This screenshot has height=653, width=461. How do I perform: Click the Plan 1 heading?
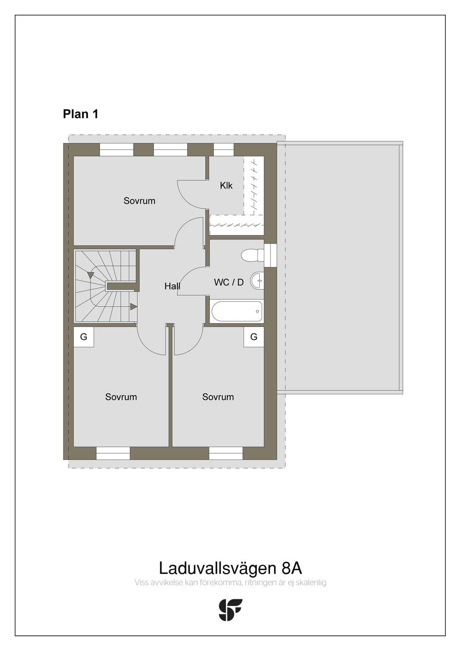81,114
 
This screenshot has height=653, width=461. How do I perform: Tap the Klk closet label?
226,185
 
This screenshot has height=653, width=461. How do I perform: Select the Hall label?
172,286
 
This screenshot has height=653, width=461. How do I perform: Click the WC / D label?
229,282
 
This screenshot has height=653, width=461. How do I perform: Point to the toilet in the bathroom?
252,255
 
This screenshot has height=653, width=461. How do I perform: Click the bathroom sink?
257,281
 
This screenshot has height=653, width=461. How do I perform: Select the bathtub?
237,311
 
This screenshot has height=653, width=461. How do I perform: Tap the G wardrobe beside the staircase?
84,337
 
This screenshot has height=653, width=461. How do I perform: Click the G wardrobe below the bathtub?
254,337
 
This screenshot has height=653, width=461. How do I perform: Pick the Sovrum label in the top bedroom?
140,201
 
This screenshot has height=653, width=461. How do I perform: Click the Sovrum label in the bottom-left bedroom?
121,397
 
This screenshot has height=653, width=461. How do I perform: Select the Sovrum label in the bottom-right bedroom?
218,397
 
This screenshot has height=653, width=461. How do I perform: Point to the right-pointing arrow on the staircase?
134,307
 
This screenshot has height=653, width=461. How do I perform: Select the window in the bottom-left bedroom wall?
113,453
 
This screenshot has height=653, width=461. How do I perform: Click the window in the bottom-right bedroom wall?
226,453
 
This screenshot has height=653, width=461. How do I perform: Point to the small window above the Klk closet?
224,150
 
